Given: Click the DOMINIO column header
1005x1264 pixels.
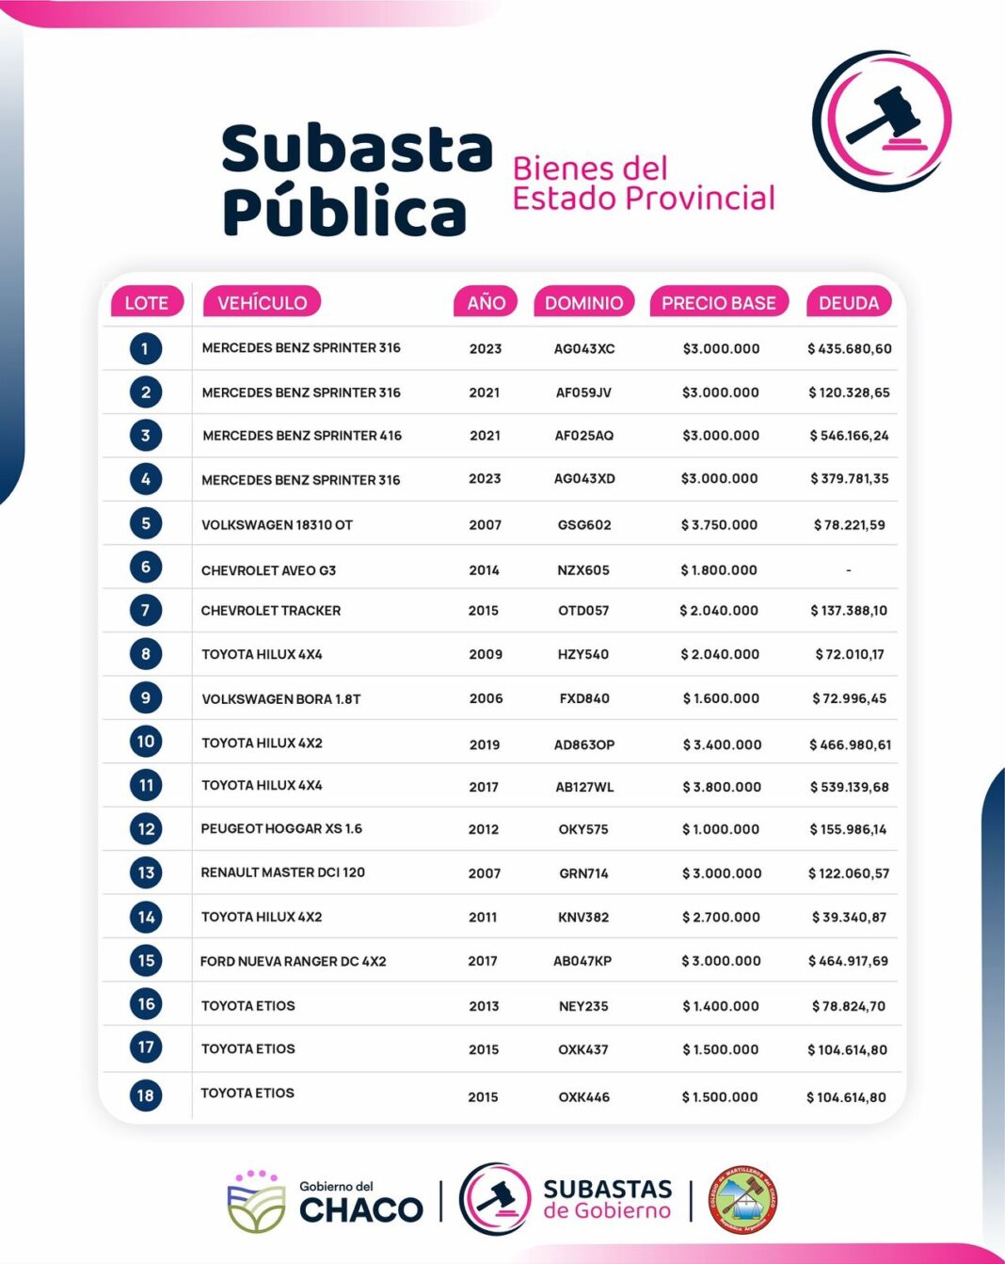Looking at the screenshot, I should point(583,302).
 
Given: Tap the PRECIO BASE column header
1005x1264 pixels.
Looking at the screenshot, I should point(718,302).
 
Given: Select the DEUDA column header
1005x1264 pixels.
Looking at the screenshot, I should point(848,302).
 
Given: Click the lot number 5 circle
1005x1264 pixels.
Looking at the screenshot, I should point(146,523).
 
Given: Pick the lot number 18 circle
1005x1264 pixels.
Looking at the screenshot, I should point(146,1095).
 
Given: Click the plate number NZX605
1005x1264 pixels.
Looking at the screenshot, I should point(583,569).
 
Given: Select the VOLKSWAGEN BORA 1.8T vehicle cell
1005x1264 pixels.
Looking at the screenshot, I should point(280,698).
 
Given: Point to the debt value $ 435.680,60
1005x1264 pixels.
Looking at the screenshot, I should point(849,348).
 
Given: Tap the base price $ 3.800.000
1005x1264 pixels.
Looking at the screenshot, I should point(722,786).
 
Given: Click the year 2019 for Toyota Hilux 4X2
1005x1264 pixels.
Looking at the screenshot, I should point(485,744).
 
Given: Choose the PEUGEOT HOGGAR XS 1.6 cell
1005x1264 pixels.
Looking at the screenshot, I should point(281,828).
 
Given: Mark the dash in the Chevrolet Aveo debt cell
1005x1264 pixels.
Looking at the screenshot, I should point(849,569).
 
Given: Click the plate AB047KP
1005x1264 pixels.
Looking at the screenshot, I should point(582,961).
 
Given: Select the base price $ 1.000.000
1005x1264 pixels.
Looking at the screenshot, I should point(721,829).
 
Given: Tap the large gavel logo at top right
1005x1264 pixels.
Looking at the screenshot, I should point(883,120).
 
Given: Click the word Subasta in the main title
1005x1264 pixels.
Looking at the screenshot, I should point(357,149).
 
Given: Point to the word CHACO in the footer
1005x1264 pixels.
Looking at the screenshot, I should point(361,1209).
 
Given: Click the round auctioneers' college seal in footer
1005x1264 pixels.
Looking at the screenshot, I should point(742,1200).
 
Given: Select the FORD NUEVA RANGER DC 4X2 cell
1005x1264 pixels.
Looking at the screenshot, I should point(293,961).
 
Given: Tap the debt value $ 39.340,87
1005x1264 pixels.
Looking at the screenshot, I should point(849,917).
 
